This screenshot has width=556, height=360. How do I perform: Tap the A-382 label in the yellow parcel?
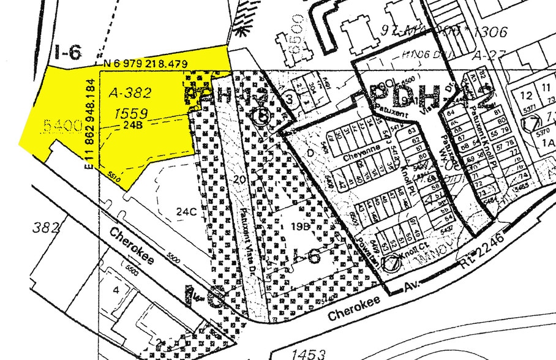[129, 93]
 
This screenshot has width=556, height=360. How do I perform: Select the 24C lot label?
[186, 212]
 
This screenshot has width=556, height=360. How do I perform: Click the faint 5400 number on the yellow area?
[62, 127]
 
